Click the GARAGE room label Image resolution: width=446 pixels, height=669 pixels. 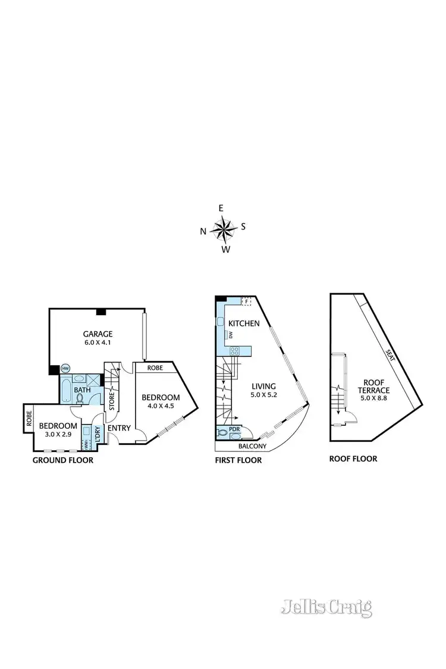(x=98, y=334)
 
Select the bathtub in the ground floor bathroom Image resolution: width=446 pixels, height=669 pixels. (x=65, y=393)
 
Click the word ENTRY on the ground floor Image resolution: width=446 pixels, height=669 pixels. (x=119, y=427)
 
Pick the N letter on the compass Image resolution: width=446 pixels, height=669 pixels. (x=203, y=231)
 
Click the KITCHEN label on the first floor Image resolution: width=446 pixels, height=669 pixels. (x=244, y=323)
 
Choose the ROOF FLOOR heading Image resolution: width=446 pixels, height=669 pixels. (x=353, y=458)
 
